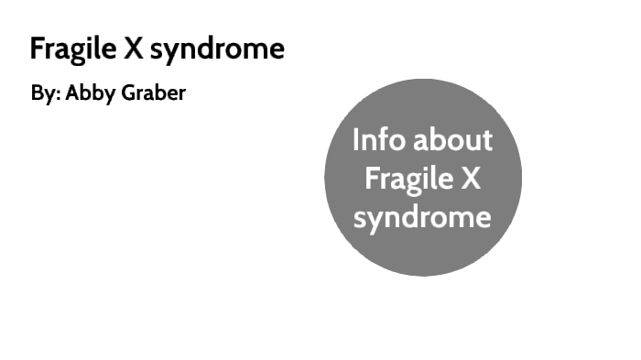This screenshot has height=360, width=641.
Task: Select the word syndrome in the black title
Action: click(x=217, y=49)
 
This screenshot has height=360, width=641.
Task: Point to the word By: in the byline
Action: click(x=45, y=94)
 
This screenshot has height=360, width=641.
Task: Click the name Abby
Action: click(x=89, y=94)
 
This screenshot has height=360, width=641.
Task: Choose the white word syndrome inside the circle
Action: click(x=422, y=219)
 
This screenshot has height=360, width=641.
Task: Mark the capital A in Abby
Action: click(x=71, y=93)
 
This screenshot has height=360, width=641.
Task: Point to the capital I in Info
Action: click(x=355, y=140)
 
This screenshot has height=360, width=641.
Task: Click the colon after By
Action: click(x=58, y=96)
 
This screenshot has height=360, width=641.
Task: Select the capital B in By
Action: click(x=36, y=93)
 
